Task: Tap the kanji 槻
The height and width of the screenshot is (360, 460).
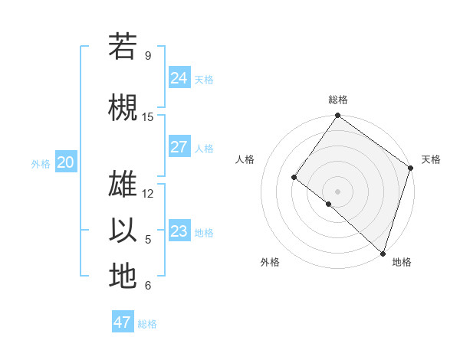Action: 123,106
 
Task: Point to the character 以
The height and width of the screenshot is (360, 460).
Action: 123,230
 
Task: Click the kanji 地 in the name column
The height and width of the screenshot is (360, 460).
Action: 123,276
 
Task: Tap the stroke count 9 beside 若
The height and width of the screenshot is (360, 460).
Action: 147,56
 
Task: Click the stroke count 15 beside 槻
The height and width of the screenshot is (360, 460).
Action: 148,117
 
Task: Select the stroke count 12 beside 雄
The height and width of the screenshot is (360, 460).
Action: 148,194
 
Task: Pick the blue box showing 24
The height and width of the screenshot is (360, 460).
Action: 179,77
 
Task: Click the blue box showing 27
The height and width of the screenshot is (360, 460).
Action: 179,147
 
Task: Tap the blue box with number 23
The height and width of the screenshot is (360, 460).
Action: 179,231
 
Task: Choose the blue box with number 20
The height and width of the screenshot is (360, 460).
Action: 66,162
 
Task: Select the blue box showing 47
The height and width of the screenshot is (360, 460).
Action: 123,322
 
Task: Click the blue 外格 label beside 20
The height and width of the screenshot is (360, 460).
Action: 41,163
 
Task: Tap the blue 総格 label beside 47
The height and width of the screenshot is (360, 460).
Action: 147,324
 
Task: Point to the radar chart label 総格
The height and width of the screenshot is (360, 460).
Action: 337,100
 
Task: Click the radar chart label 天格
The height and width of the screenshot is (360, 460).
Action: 431,159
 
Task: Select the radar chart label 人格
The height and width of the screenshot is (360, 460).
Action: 245,159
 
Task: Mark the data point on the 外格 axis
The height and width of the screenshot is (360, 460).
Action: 329,204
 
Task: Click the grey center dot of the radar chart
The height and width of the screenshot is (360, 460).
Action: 337,191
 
